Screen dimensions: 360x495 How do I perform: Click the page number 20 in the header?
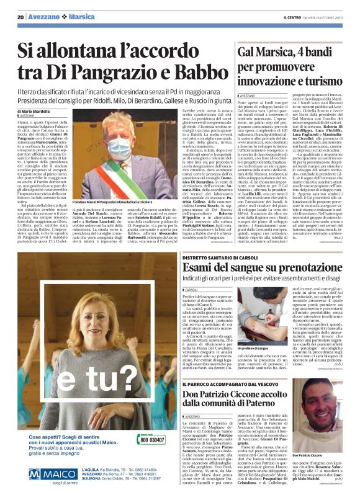20,18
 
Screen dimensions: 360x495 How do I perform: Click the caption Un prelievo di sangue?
248,349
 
